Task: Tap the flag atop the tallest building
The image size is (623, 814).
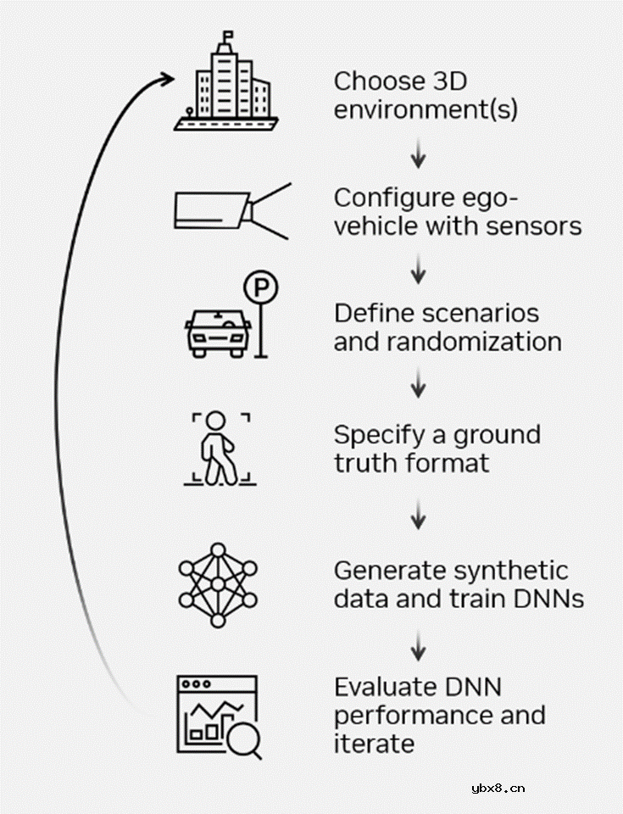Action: click(226, 36)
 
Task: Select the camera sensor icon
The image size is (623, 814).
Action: click(229, 209)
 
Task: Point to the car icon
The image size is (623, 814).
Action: click(217, 332)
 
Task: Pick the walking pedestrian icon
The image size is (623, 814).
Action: click(219, 449)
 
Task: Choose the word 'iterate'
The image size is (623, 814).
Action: click(374, 744)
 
